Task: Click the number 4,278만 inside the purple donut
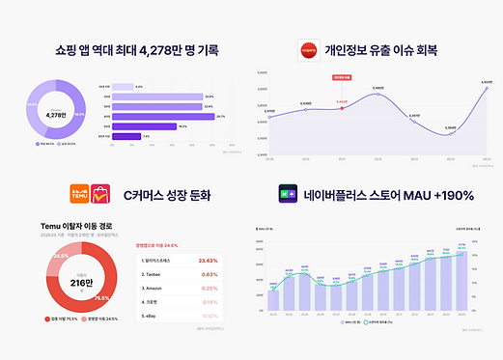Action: click(60, 115)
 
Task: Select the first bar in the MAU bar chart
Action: click(273, 298)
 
